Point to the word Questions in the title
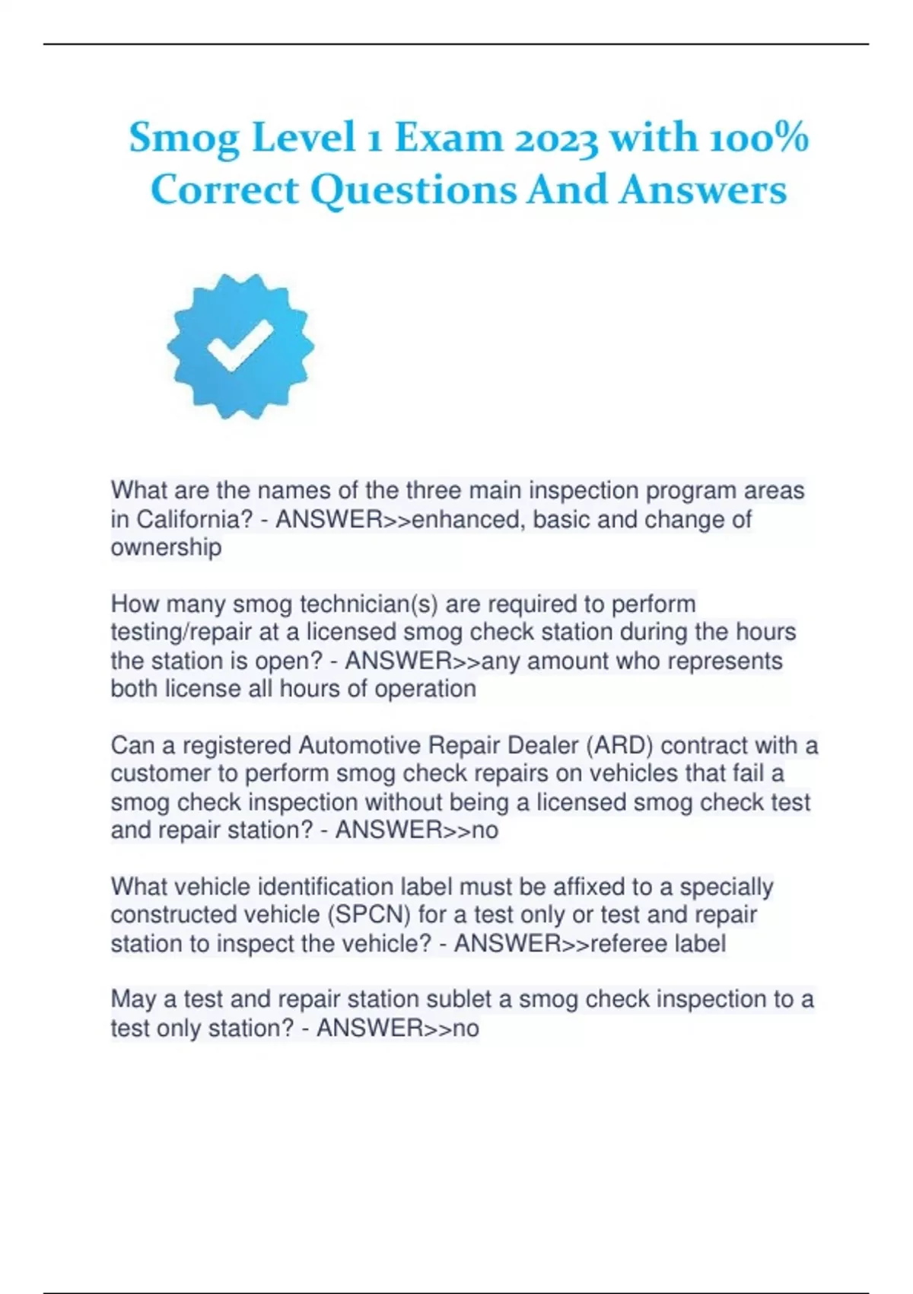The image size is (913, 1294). click(413, 190)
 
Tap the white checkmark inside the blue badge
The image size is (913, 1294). click(240, 345)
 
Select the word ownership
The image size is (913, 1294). click(166, 547)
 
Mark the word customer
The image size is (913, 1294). click(161, 773)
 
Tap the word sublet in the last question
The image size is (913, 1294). click(477, 999)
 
